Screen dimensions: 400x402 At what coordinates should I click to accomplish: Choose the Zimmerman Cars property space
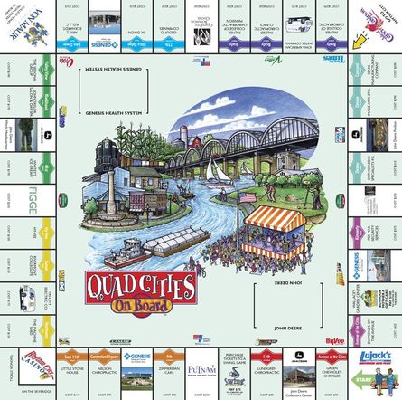168,372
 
